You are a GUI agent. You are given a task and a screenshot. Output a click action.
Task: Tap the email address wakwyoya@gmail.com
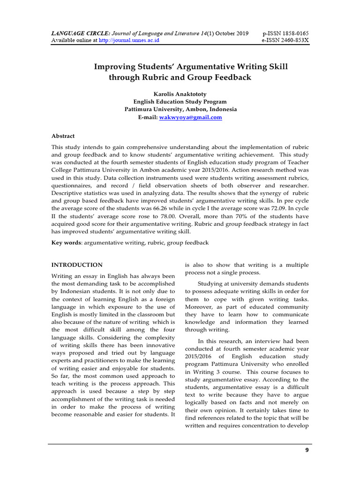pyautogui.click(x=197, y=118)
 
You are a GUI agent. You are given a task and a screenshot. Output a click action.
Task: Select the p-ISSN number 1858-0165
pyautogui.click(x=294, y=34)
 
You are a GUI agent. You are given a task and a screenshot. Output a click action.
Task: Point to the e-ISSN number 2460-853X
pyautogui.click(x=294, y=41)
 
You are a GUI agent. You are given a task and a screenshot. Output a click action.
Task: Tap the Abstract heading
pyautogui.click(x=63, y=136)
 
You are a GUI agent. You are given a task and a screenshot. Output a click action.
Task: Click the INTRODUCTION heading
pyautogui.click(x=77, y=265)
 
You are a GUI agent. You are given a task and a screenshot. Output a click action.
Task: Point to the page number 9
pyautogui.click(x=307, y=450)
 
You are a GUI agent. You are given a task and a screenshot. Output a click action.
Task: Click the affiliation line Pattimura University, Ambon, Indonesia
pyautogui.click(x=180, y=110)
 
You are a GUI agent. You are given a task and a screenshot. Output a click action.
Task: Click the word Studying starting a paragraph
pyautogui.click(x=212, y=284)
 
